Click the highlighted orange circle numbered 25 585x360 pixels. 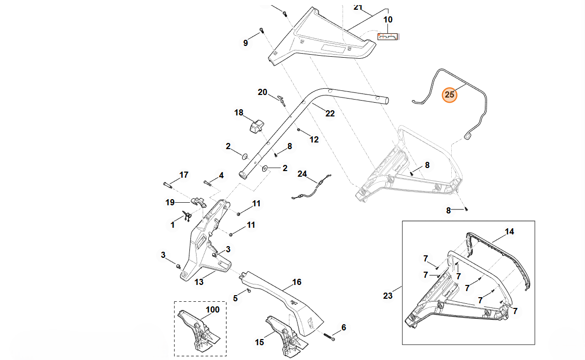click(x=449, y=94)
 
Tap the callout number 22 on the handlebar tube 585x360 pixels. click(x=330, y=113)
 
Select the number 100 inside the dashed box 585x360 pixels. click(x=212, y=309)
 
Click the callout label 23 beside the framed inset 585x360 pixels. click(x=388, y=295)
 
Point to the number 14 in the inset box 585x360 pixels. click(x=509, y=231)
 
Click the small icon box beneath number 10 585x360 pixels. click(x=388, y=37)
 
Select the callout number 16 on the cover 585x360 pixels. click(x=297, y=282)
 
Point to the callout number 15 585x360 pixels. click(x=259, y=342)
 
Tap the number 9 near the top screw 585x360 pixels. click(x=245, y=43)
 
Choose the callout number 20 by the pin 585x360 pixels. click(x=262, y=92)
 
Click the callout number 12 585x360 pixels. click(x=314, y=139)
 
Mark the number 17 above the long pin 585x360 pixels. click(x=184, y=175)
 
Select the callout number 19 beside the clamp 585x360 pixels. click(x=170, y=202)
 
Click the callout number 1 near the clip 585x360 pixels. click(x=173, y=225)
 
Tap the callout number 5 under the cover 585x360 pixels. click(x=235, y=298)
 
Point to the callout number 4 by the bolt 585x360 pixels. click(x=221, y=175)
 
